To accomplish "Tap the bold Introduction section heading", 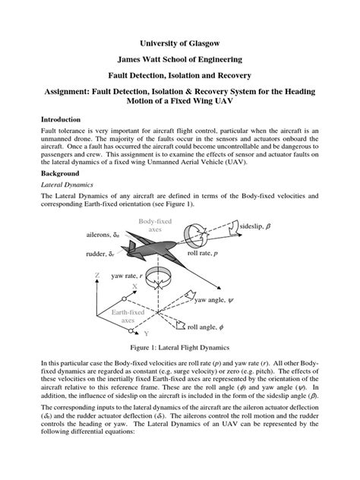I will (63, 120).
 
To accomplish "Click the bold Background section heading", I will (62, 173).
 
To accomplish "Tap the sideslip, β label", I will (256, 227).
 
